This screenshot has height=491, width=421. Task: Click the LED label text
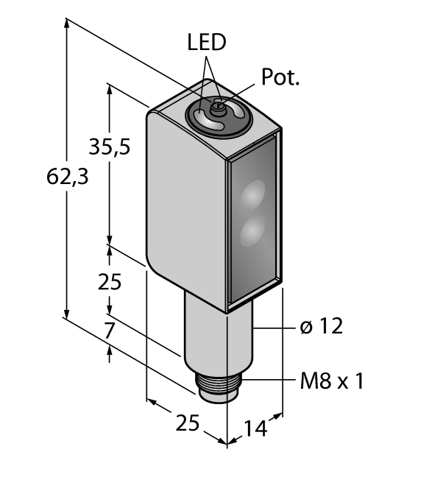[207, 42]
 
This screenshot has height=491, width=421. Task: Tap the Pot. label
[280, 77]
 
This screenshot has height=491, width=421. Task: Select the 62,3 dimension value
[67, 177]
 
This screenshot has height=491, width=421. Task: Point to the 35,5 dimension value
[109, 146]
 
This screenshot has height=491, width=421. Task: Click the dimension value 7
[109, 331]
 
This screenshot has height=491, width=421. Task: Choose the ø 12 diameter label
[322, 326]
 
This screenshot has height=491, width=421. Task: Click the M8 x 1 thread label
[332, 381]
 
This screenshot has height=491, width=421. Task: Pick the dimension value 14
[255, 428]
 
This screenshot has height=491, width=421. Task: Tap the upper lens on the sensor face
[252, 194]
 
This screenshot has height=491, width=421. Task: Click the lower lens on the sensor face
[252, 231]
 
